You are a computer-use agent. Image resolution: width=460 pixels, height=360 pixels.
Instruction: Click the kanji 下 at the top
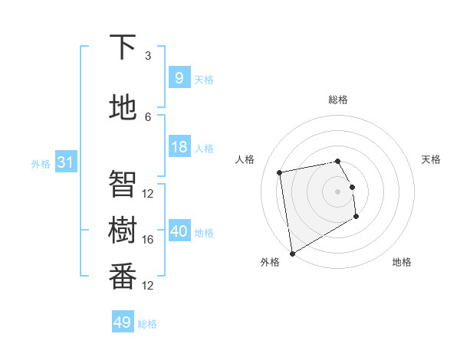pos(123,47)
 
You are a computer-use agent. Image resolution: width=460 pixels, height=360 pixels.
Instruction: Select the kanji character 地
pos(123,107)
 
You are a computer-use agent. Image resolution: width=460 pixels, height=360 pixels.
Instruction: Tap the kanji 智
pos(123,184)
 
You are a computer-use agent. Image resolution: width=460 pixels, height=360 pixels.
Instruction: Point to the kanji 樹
pos(123,230)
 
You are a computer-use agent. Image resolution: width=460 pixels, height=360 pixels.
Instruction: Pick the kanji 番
pos(123,276)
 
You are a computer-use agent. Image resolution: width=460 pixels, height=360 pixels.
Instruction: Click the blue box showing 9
pos(179,78)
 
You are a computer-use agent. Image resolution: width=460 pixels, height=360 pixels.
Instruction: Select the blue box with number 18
pos(179,147)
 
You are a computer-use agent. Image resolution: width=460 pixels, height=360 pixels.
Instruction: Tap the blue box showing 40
pos(179,231)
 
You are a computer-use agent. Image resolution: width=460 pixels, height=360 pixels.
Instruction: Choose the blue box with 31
pos(64,162)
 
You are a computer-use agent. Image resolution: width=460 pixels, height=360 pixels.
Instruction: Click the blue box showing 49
pos(122,322)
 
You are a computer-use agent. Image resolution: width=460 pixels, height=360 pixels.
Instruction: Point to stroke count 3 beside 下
pos(148,56)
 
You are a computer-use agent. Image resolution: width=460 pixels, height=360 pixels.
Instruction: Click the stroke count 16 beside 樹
pos(148,239)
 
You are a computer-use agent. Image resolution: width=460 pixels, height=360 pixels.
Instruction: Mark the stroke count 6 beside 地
pos(148,116)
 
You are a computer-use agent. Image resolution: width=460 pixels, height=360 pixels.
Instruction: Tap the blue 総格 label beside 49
pos(147,324)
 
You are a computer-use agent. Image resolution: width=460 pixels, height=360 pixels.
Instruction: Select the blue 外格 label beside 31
pos(41,163)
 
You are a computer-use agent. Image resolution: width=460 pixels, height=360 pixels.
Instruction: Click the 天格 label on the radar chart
pos(432,159)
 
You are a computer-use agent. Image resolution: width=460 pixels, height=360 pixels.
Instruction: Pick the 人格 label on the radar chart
pos(245,159)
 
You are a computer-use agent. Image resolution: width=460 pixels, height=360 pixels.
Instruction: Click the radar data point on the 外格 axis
pos(291,254)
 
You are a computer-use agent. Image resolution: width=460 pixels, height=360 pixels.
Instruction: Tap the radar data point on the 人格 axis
pos(280,172)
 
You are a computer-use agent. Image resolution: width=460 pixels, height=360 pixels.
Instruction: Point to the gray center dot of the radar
pos(337,191)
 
